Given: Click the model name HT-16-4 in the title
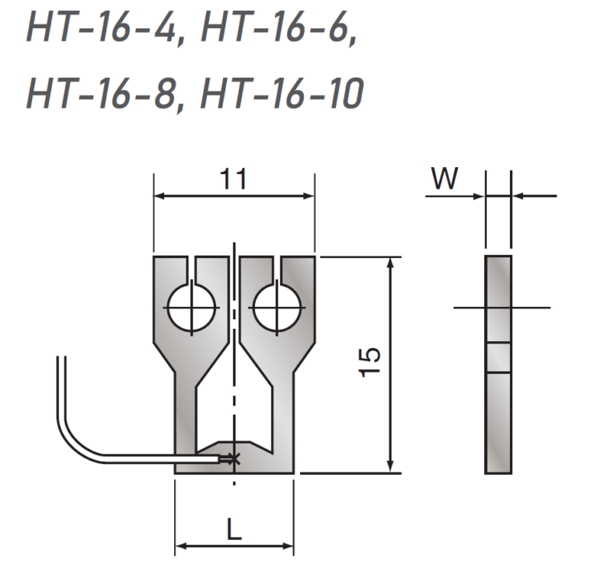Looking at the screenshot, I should (x=103, y=30).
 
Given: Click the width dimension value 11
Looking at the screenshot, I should (x=232, y=179).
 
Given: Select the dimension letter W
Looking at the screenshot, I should (x=445, y=179).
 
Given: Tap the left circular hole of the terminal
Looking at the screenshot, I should (x=190, y=308).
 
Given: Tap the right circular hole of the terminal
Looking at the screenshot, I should (x=276, y=308).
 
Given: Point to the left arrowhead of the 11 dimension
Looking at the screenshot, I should (x=159, y=197).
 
